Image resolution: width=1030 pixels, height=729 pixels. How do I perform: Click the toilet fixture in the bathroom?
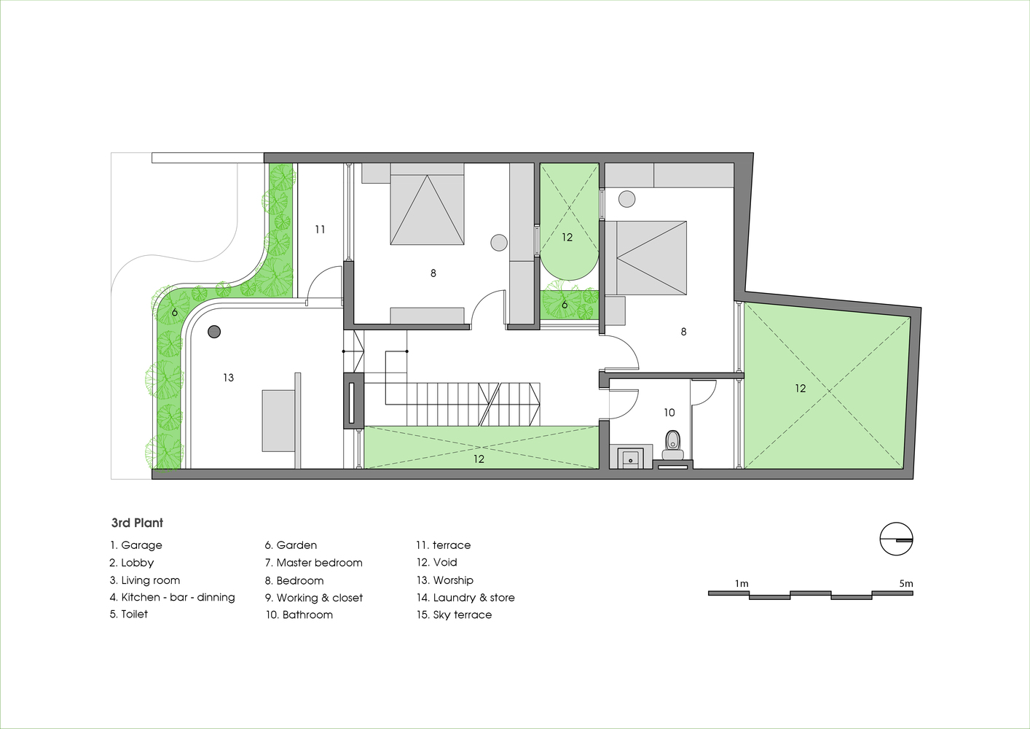(x=673, y=445)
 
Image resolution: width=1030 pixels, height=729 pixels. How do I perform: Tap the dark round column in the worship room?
(x=214, y=332)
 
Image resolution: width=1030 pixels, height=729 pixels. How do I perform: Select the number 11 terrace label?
(x=320, y=229)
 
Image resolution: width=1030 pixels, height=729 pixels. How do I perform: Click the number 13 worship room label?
(x=229, y=378)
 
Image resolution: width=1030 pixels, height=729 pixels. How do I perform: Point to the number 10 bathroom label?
(x=669, y=413)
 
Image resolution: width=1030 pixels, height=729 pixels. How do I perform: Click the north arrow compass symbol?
(x=896, y=539)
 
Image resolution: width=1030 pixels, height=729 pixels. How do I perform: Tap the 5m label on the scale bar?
(x=906, y=584)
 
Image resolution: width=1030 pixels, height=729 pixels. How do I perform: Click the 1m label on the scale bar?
(x=742, y=584)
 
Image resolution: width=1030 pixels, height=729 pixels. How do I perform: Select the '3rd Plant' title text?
(x=137, y=523)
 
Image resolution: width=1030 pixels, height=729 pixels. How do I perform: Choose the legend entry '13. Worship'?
(x=444, y=580)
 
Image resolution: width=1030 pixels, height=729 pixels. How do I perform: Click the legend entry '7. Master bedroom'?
(x=314, y=562)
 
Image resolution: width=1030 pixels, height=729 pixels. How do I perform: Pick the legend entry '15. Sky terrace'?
(x=454, y=615)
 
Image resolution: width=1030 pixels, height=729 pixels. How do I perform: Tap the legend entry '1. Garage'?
(x=136, y=545)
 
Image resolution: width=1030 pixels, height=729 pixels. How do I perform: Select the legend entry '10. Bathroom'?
(x=299, y=615)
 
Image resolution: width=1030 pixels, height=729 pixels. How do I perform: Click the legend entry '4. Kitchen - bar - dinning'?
(x=173, y=597)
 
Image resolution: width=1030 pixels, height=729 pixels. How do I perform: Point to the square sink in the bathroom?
(x=629, y=458)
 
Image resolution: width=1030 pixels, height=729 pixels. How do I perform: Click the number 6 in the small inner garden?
(x=565, y=305)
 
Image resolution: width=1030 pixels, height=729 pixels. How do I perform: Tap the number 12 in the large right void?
(x=800, y=389)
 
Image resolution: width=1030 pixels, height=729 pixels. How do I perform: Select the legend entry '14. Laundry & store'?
(x=465, y=597)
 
